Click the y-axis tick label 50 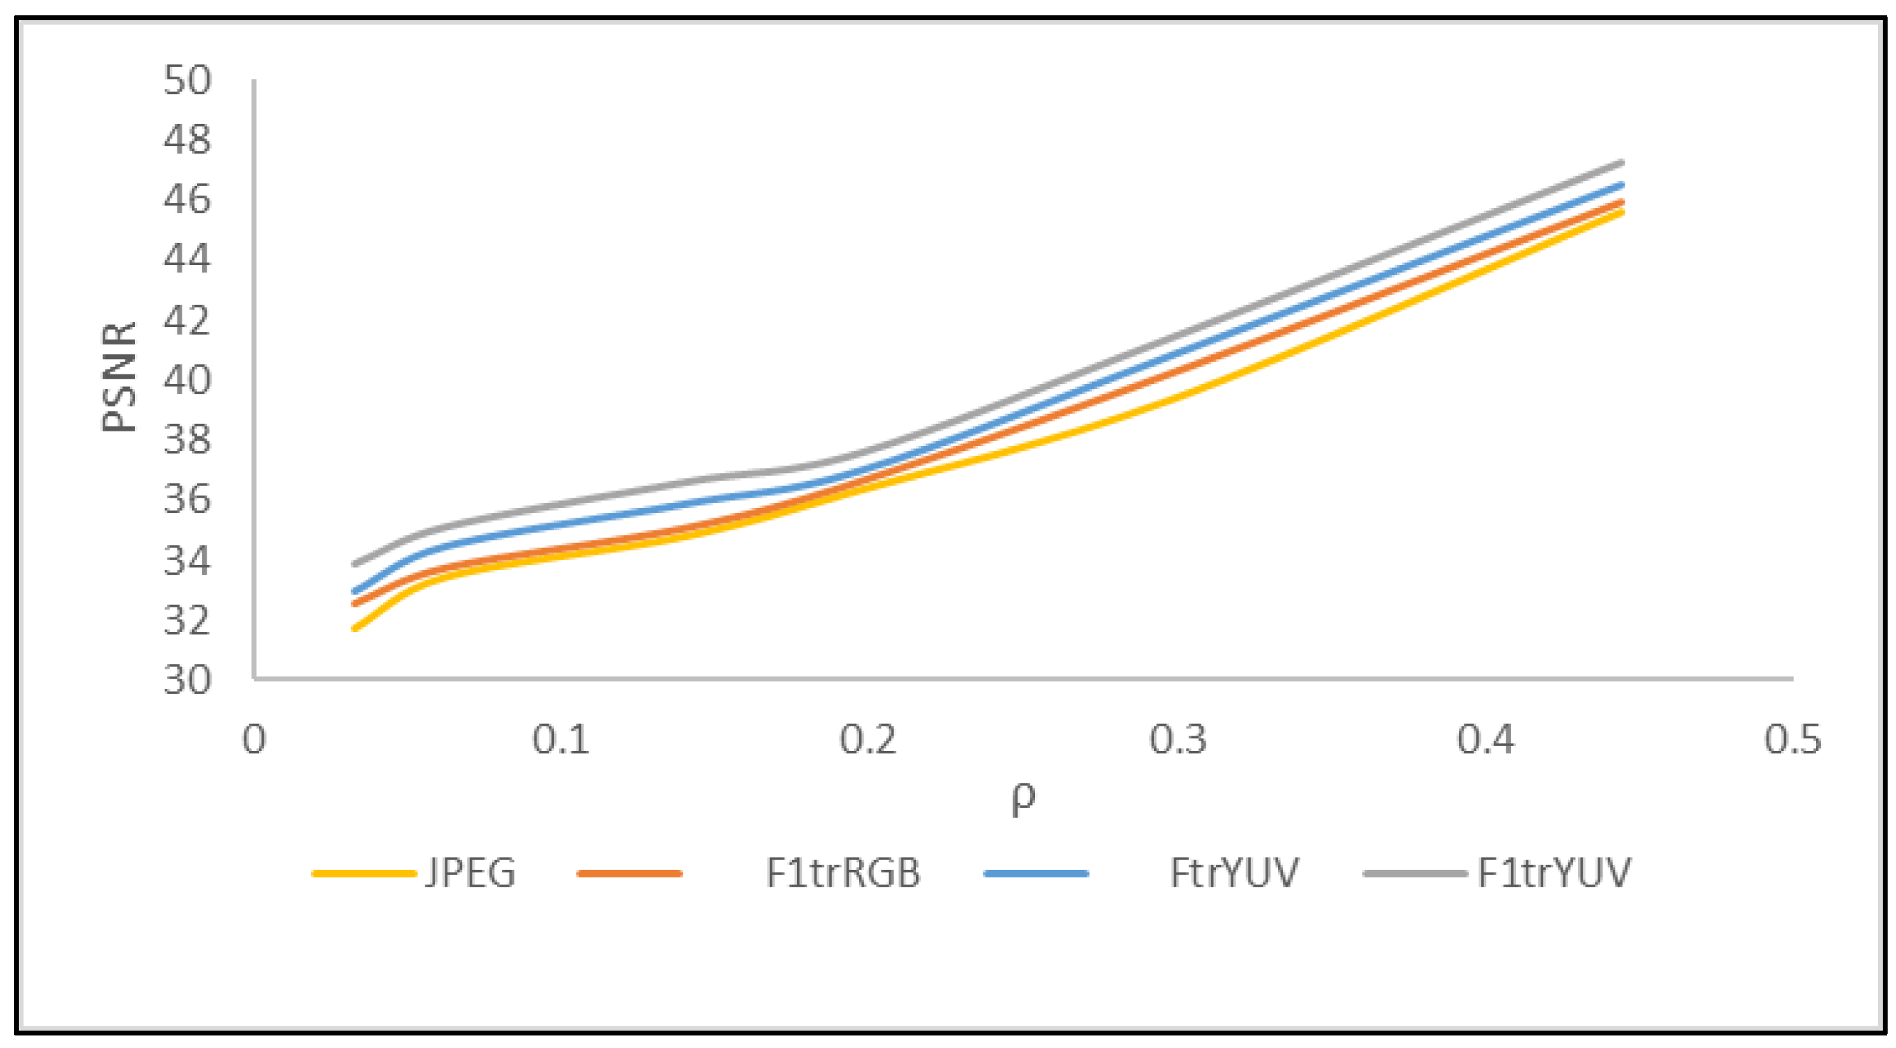(x=187, y=79)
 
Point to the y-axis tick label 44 (x=187, y=259)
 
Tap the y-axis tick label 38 (x=187, y=439)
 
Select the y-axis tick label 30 (x=187, y=679)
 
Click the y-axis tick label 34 (x=187, y=560)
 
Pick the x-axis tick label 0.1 (x=561, y=739)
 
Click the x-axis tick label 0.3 (x=1178, y=739)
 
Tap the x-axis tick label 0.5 (x=1793, y=739)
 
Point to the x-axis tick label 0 (x=254, y=739)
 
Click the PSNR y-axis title (x=119, y=376)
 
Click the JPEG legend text (x=471, y=873)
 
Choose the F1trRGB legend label (x=843, y=873)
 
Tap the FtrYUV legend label (x=1234, y=873)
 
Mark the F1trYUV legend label (x=1554, y=873)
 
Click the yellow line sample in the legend (x=363, y=873)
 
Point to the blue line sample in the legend (x=1036, y=873)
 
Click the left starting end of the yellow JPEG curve (x=356, y=628)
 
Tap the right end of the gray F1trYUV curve (x=1622, y=163)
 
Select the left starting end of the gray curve (x=356, y=564)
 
